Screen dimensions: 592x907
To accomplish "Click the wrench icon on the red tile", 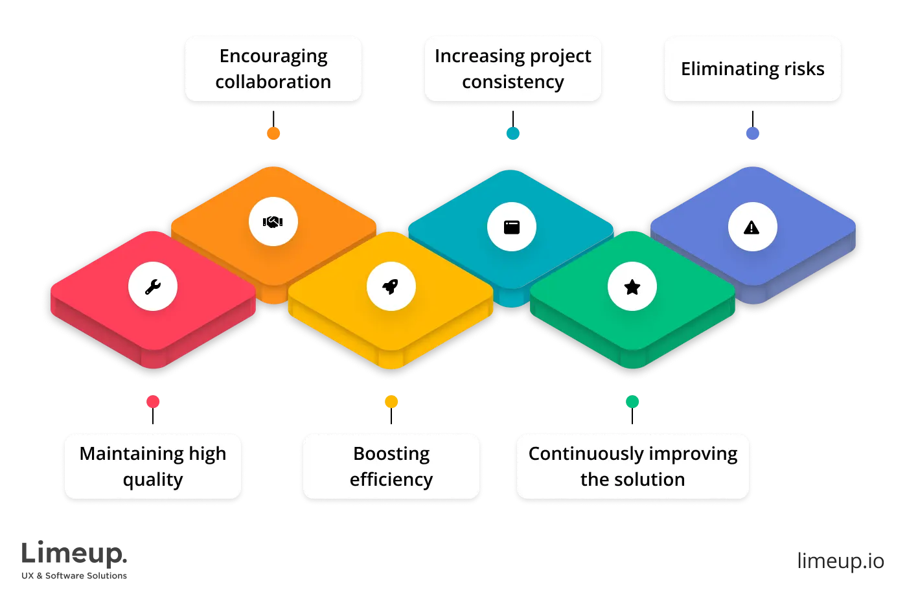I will coord(153,286).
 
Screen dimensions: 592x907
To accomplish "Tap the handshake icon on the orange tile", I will coord(273,222).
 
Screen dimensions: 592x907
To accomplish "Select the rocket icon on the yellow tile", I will coord(391,286).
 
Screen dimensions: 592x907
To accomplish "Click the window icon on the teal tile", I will coord(512,227).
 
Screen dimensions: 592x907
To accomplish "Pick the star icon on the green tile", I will coord(632,287).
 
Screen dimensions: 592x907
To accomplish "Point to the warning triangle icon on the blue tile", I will coord(752,227).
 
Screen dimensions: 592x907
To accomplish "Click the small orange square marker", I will coord(273,133).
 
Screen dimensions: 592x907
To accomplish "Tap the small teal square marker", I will coord(512,133).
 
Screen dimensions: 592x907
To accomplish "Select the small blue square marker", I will coord(752,133).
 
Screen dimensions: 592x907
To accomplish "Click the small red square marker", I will coord(153,402).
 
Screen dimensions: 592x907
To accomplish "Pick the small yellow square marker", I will coord(391,402).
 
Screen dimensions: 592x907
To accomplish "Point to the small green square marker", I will coord(632,402).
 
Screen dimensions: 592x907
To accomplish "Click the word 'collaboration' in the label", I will coord(273,82).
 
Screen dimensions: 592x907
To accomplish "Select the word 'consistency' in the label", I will coord(512,82).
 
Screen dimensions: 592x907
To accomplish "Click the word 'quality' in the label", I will coord(153,480).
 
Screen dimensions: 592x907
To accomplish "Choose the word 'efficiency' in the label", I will coord(391,479).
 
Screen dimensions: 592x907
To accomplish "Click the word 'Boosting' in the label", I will coord(391,453).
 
